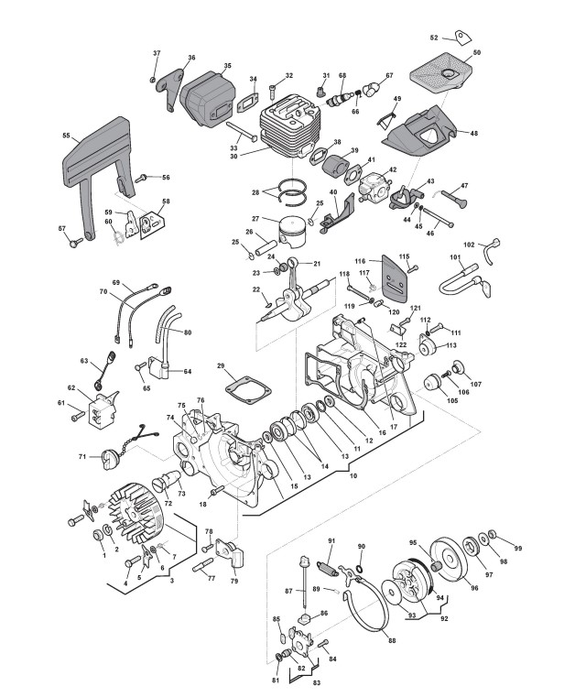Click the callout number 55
pos(66,136)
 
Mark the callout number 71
pos(82,455)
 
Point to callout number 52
pos(434,38)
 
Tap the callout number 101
pos(455,257)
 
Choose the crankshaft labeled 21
pos(298,293)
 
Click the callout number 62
pos(71,387)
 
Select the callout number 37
pos(157,54)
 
